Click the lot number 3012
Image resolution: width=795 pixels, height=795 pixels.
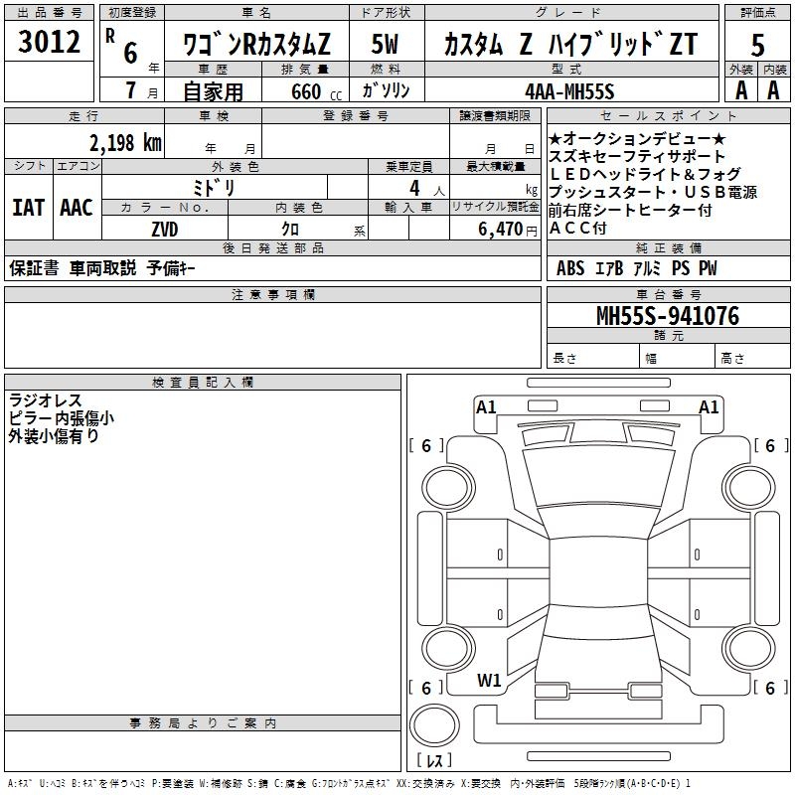click(x=50, y=42)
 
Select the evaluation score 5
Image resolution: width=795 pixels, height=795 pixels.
click(x=758, y=45)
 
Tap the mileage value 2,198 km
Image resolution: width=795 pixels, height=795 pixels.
click(x=124, y=142)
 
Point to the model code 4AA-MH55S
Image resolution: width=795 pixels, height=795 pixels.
click(x=569, y=90)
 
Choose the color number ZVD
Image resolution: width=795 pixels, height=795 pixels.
click(x=165, y=229)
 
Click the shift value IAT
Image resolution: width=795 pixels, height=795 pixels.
click(x=28, y=208)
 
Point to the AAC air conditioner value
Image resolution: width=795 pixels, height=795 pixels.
click(x=76, y=208)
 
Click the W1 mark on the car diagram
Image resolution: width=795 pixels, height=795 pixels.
click(x=488, y=681)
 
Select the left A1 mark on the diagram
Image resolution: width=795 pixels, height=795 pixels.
click(x=486, y=406)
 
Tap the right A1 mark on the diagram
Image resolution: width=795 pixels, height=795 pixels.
click(x=709, y=406)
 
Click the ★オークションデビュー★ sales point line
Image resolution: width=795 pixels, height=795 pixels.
click(x=637, y=138)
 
